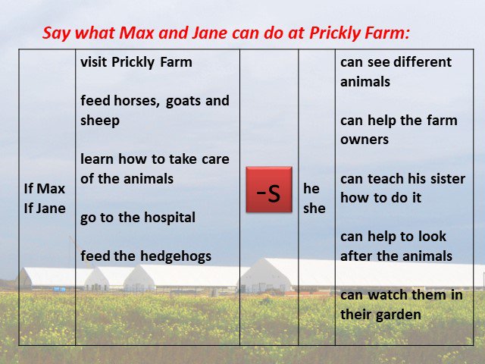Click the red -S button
269,190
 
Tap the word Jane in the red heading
209,33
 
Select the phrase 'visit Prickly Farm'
136,62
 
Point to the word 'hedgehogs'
176,256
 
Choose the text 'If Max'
45,189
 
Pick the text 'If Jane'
45,209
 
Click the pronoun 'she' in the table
314,209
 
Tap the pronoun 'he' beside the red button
311,189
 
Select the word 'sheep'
100,121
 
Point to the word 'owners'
365,140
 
